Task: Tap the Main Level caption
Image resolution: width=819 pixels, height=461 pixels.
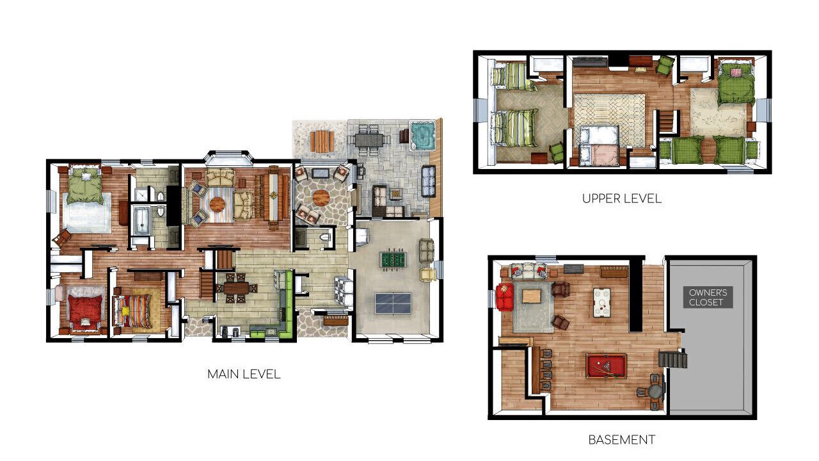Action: click(x=244, y=374)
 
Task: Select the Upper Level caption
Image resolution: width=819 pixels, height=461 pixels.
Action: click(x=621, y=198)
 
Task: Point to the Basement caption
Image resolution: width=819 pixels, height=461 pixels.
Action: click(x=621, y=439)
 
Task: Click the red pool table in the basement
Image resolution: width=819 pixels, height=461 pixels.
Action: click(x=606, y=366)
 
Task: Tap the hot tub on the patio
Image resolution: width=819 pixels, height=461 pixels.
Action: click(x=422, y=135)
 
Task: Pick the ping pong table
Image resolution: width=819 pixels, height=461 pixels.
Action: click(x=393, y=303)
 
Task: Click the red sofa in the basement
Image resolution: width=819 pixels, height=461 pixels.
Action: click(x=505, y=297)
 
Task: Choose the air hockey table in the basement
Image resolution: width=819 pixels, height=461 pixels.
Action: click(x=602, y=302)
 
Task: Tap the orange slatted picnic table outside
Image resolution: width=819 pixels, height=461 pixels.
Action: click(x=322, y=142)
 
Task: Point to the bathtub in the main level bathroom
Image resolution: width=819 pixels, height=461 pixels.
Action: click(x=141, y=220)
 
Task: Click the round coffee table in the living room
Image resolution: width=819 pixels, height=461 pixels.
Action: click(x=217, y=204)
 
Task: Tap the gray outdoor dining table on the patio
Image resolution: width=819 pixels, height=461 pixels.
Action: click(x=369, y=140)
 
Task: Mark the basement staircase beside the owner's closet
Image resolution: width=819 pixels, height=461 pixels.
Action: click(x=672, y=359)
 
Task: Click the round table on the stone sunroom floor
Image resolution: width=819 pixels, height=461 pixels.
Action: click(x=321, y=198)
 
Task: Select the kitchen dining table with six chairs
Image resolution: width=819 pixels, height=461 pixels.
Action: click(x=236, y=288)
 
